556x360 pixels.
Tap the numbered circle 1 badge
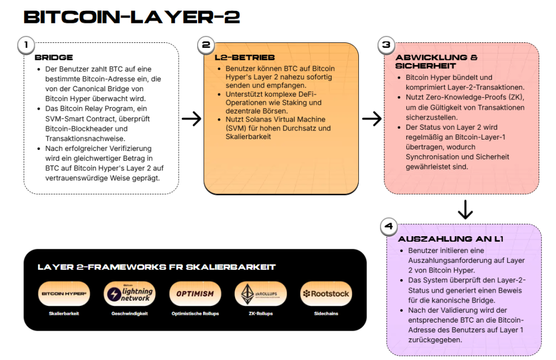(x=26, y=46)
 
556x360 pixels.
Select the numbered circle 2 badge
(x=206, y=46)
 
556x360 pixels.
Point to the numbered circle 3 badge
(x=386, y=46)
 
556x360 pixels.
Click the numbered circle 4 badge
(x=388, y=226)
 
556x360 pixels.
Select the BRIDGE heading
(x=54, y=58)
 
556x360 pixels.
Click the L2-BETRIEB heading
(x=245, y=58)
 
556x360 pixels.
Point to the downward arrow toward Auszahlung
(x=465, y=210)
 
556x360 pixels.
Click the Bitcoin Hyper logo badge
(x=65, y=294)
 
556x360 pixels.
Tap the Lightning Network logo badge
(x=129, y=294)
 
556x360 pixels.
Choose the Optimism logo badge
(x=195, y=294)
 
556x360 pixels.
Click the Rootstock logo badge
(x=326, y=294)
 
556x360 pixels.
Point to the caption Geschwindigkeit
(x=129, y=313)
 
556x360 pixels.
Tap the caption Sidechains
(x=326, y=313)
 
